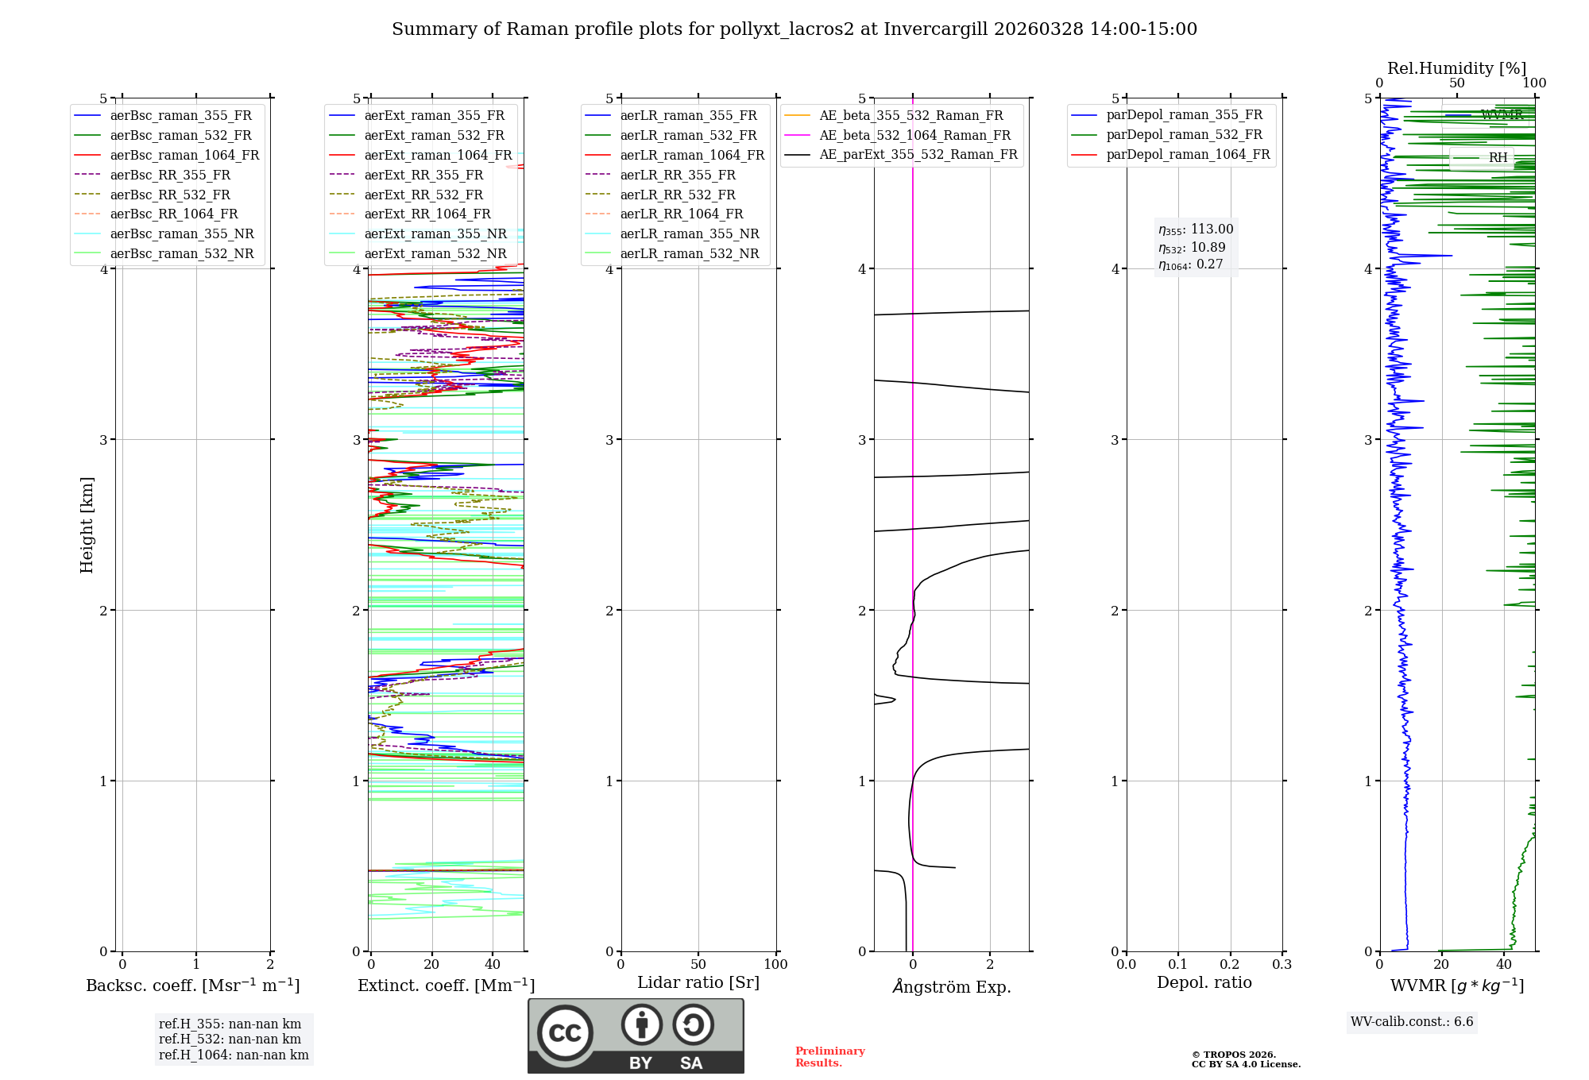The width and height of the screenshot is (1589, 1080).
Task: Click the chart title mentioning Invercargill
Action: pos(794,29)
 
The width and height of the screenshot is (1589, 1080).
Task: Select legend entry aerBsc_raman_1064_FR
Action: pos(184,155)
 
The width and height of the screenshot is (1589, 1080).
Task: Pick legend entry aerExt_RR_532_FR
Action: pos(423,195)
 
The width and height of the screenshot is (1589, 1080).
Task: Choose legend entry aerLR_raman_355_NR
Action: pos(689,233)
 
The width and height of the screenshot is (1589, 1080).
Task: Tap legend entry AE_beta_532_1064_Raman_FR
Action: pos(914,135)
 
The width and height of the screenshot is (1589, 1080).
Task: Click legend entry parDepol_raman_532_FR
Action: pos(1184,134)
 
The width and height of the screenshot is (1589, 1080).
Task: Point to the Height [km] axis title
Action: pos(87,524)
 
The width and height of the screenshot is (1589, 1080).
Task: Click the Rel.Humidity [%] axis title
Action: pos(1456,68)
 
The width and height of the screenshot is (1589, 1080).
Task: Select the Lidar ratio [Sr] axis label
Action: pos(698,982)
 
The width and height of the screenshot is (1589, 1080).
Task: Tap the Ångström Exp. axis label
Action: pos(951,986)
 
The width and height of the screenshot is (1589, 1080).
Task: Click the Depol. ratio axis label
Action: pos(1204,982)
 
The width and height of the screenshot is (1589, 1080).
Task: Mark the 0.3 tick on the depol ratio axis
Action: pos(1282,964)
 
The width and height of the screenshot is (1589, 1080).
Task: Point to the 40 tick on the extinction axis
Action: pos(493,964)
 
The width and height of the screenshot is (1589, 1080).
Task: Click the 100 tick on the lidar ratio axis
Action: pos(775,964)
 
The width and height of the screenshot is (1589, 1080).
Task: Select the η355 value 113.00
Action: pos(1212,229)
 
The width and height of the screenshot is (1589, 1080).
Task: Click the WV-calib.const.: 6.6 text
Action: pos(1411,1021)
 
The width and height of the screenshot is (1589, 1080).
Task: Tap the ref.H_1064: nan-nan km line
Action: pos(234,1055)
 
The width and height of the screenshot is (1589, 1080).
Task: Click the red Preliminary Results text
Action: pos(829,1056)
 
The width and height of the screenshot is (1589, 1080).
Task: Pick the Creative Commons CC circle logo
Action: pos(565,1032)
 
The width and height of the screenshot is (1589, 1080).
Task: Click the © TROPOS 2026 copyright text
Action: pos(1233,1055)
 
